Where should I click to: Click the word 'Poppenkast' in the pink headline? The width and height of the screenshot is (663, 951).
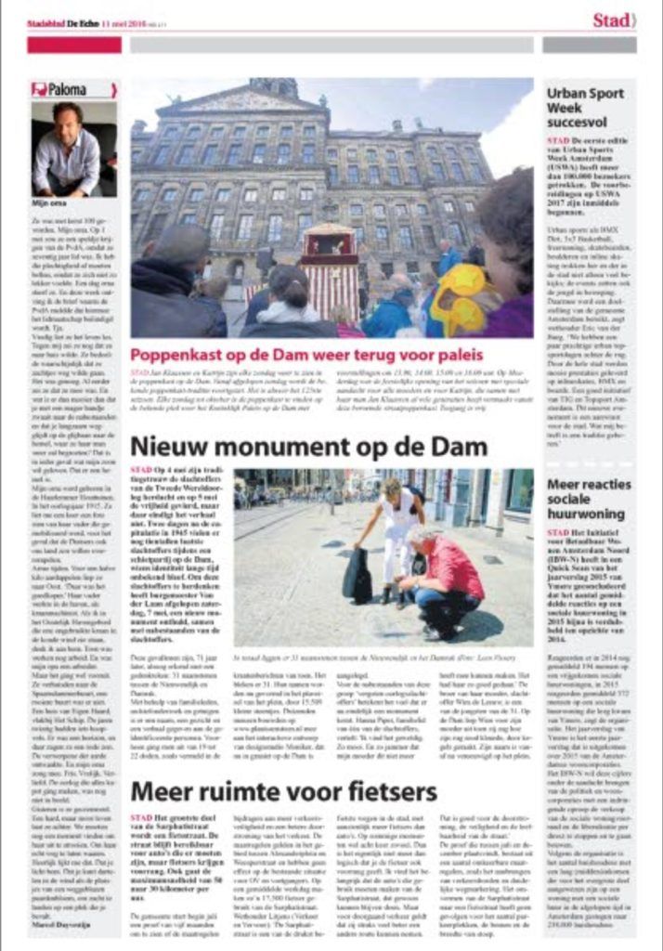point(175,355)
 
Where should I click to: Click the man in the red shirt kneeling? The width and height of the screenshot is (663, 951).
point(446,581)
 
